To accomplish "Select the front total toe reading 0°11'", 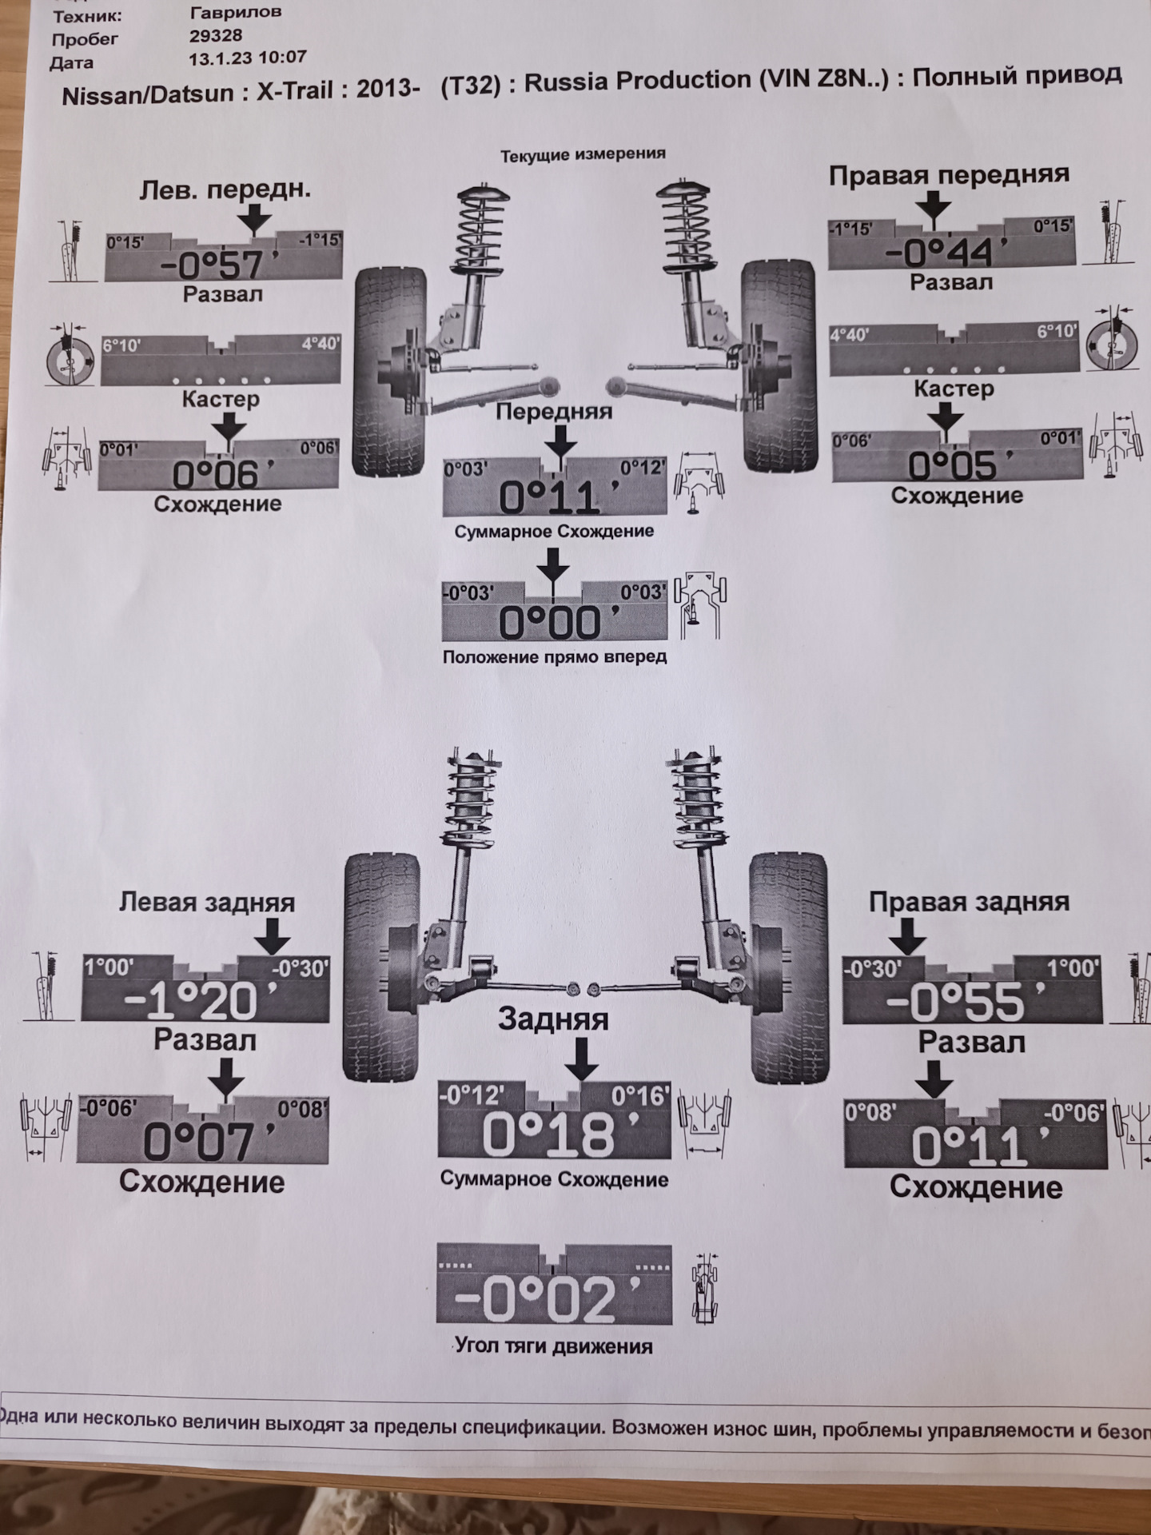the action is click(550, 498).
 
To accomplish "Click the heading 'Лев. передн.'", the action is click(225, 189).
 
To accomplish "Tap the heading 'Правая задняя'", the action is click(969, 902).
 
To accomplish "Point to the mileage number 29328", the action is click(216, 35).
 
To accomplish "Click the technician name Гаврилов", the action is click(236, 12).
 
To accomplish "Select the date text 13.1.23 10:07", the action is click(248, 58).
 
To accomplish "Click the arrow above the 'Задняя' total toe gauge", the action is click(581, 1059).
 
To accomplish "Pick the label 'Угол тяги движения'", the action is click(554, 1346).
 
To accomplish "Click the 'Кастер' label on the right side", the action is click(954, 389).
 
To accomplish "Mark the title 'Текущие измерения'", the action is click(583, 154).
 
